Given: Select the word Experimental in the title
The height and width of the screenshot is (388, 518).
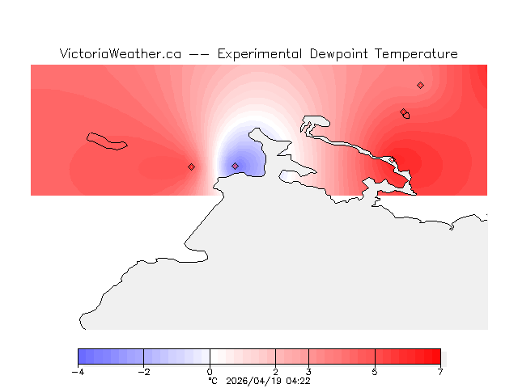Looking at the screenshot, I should (260, 54).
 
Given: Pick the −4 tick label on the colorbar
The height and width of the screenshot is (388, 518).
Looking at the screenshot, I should (78, 372).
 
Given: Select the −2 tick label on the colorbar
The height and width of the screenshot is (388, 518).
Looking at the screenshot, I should (143, 372).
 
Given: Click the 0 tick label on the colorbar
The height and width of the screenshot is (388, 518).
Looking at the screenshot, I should (210, 372).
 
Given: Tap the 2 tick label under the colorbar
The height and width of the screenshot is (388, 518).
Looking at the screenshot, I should (276, 372).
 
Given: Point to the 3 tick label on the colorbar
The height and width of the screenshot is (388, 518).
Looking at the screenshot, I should (308, 372).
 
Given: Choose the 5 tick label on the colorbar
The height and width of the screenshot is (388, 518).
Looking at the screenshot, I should (375, 372).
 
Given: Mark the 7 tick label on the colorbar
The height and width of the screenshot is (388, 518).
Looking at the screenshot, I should (440, 372).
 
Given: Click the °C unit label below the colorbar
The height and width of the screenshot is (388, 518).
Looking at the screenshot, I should (213, 380).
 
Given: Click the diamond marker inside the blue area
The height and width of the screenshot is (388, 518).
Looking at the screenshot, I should (235, 166).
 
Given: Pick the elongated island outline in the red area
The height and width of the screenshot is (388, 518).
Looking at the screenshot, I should (107, 141).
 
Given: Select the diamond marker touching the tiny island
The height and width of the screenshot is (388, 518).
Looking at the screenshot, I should (403, 112).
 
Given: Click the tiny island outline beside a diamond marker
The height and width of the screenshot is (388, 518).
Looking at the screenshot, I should (407, 116).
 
